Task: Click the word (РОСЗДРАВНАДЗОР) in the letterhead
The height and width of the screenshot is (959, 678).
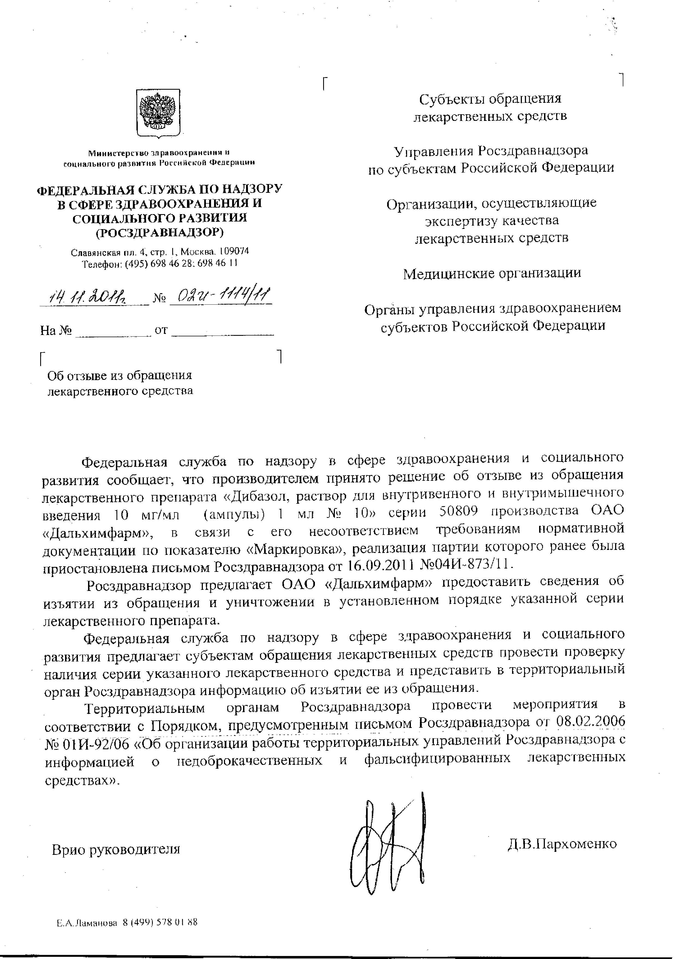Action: click(x=159, y=232)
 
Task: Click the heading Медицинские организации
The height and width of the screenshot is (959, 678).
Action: click(x=492, y=273)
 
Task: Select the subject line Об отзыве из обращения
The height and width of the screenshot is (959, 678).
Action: click(x=119, y=375)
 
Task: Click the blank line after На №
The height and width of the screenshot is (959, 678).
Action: click(x=113, y=331)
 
